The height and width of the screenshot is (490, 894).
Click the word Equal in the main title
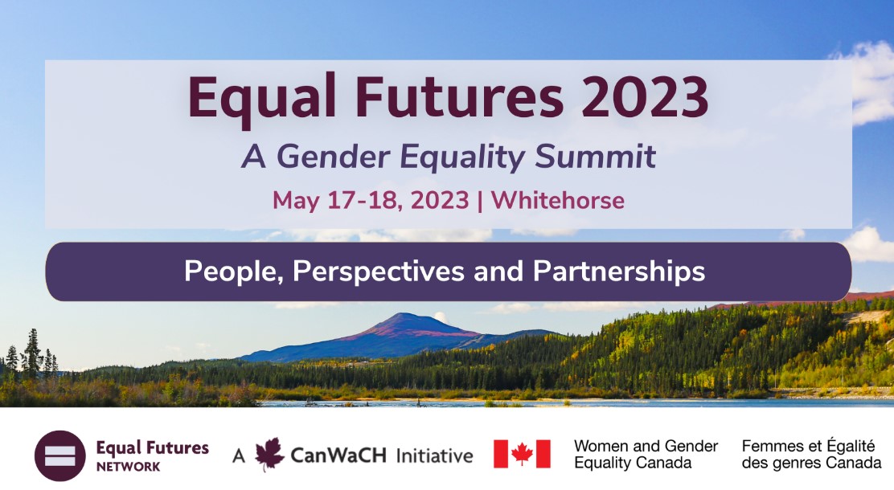(262, 98)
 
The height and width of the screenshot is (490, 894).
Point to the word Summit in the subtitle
(596, 156)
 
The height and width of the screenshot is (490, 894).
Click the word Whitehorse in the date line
(558, 200)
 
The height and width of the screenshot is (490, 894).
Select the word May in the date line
(296, 202)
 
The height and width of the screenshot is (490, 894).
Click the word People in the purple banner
(234, 272)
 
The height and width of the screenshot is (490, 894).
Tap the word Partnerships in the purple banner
(619, 272)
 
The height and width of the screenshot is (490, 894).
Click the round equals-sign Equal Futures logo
(59, 455)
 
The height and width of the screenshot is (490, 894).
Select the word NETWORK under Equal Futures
(129, 467)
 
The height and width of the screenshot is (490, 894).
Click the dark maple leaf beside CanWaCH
(269, 454)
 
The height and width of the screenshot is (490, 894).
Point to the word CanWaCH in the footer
(338, 455)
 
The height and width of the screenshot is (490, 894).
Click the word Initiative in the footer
(434, 455)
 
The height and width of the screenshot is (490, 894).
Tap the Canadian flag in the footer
(522, 454)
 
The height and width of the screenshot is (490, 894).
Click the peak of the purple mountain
(403, 313)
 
